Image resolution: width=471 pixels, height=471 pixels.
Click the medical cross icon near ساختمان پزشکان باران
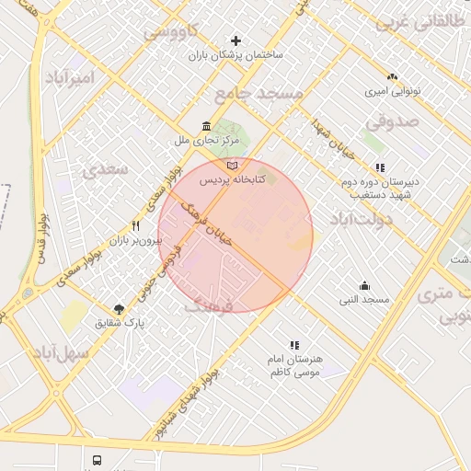pos(236,40)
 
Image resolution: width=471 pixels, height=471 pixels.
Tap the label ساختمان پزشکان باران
pos(236,56)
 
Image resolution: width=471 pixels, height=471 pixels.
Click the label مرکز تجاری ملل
pos(207,141)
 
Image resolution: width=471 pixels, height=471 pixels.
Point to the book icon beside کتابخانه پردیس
pos(231,165)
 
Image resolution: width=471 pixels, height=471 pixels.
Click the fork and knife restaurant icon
pos(136,225)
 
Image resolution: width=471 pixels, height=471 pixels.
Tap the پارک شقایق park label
pos(121,323)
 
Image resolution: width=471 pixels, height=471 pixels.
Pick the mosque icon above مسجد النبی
pos(365,285)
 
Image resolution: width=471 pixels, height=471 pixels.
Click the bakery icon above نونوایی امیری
pos(393,77)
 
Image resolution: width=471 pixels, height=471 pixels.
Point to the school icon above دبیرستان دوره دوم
pos(380,167)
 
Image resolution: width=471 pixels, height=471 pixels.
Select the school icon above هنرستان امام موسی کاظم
pos(294,345)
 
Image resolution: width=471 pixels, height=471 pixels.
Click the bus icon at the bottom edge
pos(97,460)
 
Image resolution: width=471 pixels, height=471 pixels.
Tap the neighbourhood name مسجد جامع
pos(258,94)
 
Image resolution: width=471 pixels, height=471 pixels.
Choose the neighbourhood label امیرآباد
pos(69,77)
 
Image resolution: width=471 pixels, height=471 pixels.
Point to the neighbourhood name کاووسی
pos(169,32)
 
